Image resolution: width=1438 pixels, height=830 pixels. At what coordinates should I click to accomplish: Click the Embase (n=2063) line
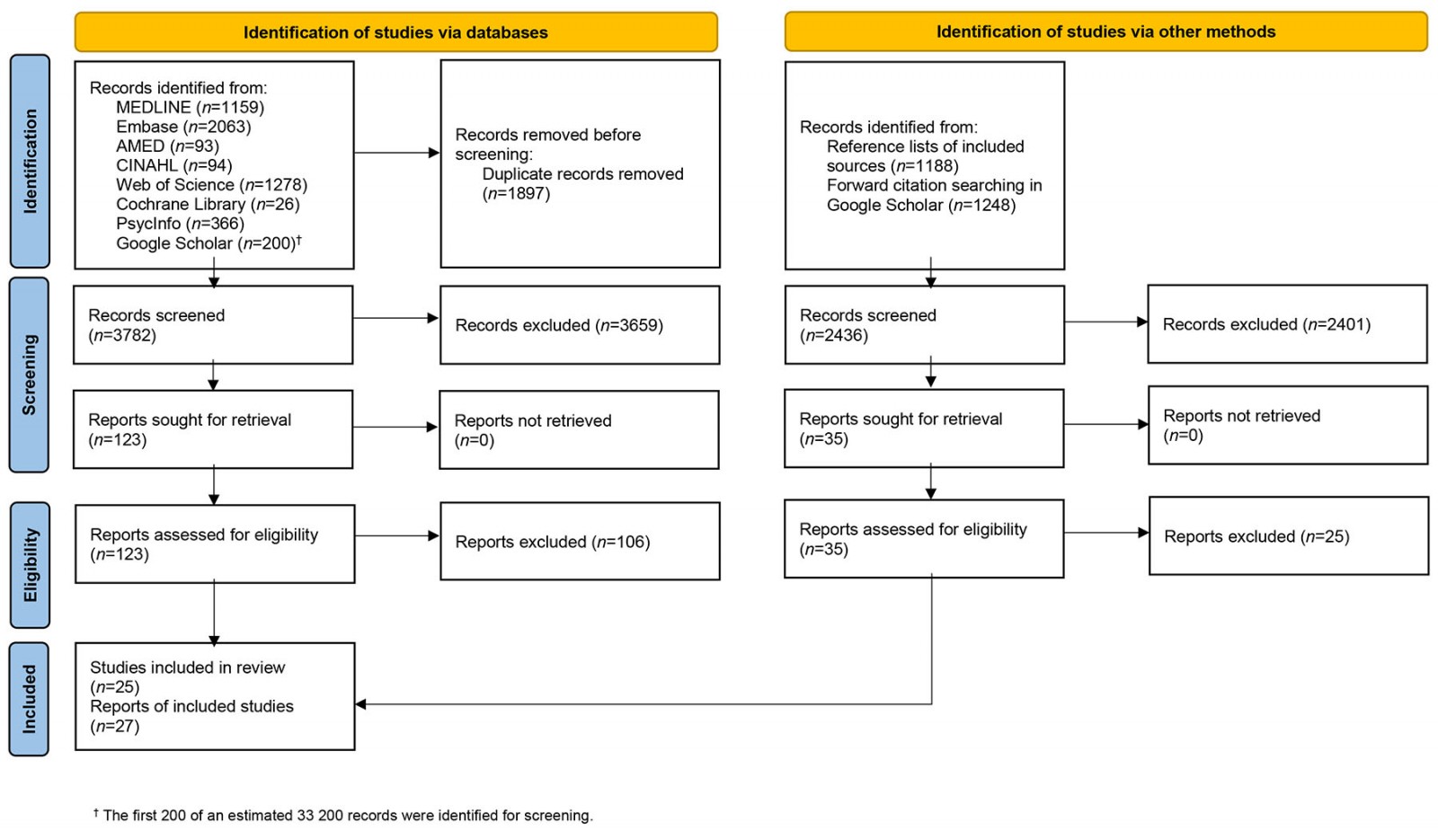point(183,127)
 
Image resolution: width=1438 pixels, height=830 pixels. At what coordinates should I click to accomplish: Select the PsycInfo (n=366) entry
point(180,224)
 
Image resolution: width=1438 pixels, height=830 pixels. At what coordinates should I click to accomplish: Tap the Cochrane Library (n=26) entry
point(208,204)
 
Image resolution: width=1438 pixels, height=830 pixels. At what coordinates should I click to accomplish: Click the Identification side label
point(30,161)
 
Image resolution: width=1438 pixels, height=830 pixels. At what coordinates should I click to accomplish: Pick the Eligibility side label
point(30,564)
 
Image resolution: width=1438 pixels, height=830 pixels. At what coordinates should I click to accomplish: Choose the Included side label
point(30,699)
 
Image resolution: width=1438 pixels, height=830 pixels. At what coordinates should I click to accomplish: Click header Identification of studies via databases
point(395,32)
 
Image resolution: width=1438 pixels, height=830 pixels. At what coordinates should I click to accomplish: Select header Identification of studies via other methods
point(1105,31)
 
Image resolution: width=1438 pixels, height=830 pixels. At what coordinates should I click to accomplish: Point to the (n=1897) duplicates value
point(516,193)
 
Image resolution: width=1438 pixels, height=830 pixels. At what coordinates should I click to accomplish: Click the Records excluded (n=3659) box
point(579,325)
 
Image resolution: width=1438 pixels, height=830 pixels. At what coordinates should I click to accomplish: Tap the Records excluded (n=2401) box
point(1286,324)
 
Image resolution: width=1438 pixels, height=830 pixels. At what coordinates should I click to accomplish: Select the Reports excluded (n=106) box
point(579,542)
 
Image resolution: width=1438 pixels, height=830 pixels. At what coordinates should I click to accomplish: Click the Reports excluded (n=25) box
point(1288,536)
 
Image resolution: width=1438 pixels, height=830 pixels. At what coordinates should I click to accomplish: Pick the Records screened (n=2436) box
point(924,325)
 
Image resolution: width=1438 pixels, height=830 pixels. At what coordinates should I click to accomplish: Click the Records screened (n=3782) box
point(212,325)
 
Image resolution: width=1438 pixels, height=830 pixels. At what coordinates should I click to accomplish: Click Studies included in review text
point(187,667)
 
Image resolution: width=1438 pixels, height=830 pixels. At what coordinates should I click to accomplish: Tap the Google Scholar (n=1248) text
point(921,205)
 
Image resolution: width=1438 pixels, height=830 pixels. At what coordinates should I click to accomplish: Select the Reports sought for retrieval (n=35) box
point(923,428)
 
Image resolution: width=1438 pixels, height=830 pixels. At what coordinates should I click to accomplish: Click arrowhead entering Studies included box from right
point(360,704)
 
